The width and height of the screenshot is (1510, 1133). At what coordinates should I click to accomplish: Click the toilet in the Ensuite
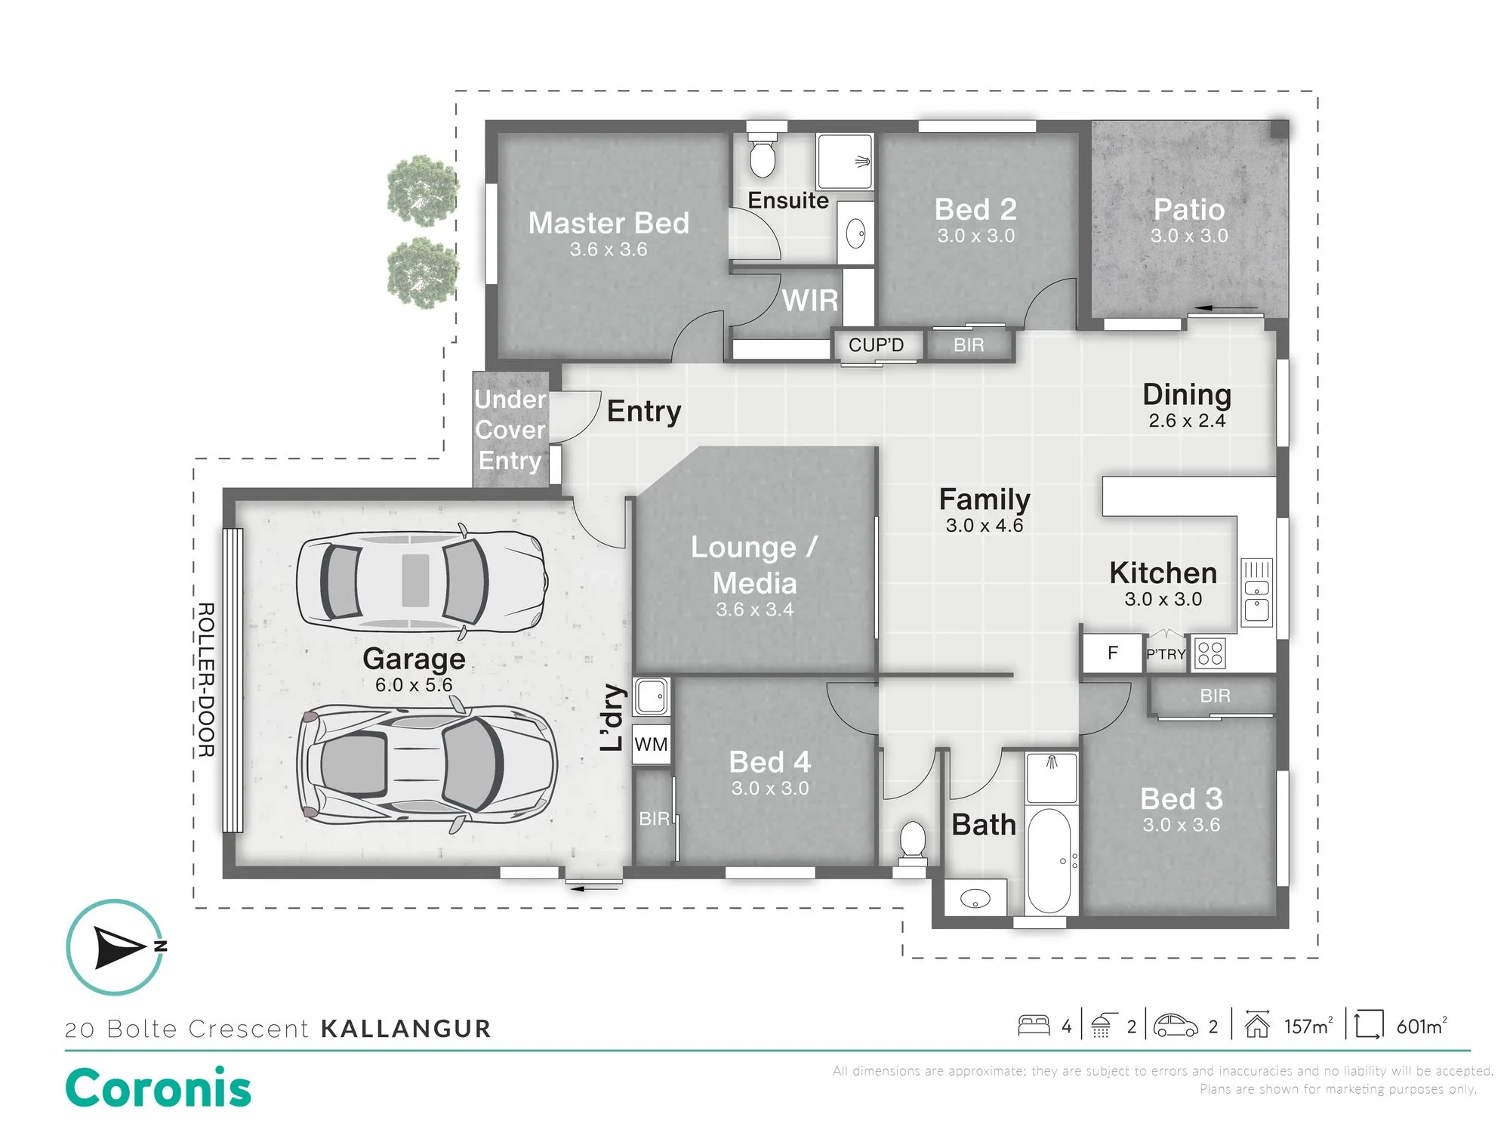pyautogui.click(x=762, y=155)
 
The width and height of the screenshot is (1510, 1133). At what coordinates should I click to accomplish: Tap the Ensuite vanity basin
pyautogui.click(x=856, y=233)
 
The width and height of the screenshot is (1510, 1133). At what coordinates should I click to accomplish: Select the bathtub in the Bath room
pyautogui.click(x=1049, y=861)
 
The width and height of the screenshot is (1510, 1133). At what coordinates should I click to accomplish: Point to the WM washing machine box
pyautogui.click(x=651, y=745)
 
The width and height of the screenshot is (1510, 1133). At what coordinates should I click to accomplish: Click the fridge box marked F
pyautogui.click(x=1112, y=653)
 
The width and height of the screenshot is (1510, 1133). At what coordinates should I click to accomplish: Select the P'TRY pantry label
pyautogui.click(x=1166, y=654)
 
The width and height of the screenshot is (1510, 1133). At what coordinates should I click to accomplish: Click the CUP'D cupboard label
pyautogui.click(x=876, y=345)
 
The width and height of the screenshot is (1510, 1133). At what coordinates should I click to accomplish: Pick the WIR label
pyautogui.click(x=810, y=301)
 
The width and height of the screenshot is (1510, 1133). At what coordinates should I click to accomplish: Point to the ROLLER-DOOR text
pyautogui.click(x=206, y=680)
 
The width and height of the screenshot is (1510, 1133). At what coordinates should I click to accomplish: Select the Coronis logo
pyautogui.click(x=159, y=1088)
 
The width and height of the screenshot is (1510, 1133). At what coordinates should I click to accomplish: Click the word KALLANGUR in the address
pyautogui.click(x=406, y=1029)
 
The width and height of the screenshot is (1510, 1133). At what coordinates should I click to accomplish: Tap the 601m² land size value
pyautogui.click(x=1422, y=1026)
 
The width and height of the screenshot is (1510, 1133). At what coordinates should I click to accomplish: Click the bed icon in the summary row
pyautogui.click(x=1034, y=1025)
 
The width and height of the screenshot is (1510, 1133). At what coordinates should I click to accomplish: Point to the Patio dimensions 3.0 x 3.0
pyautogui.click(x=1189, y=236)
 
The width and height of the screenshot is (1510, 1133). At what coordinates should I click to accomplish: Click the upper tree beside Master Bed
pyautogui.click(x=421, y=190)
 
